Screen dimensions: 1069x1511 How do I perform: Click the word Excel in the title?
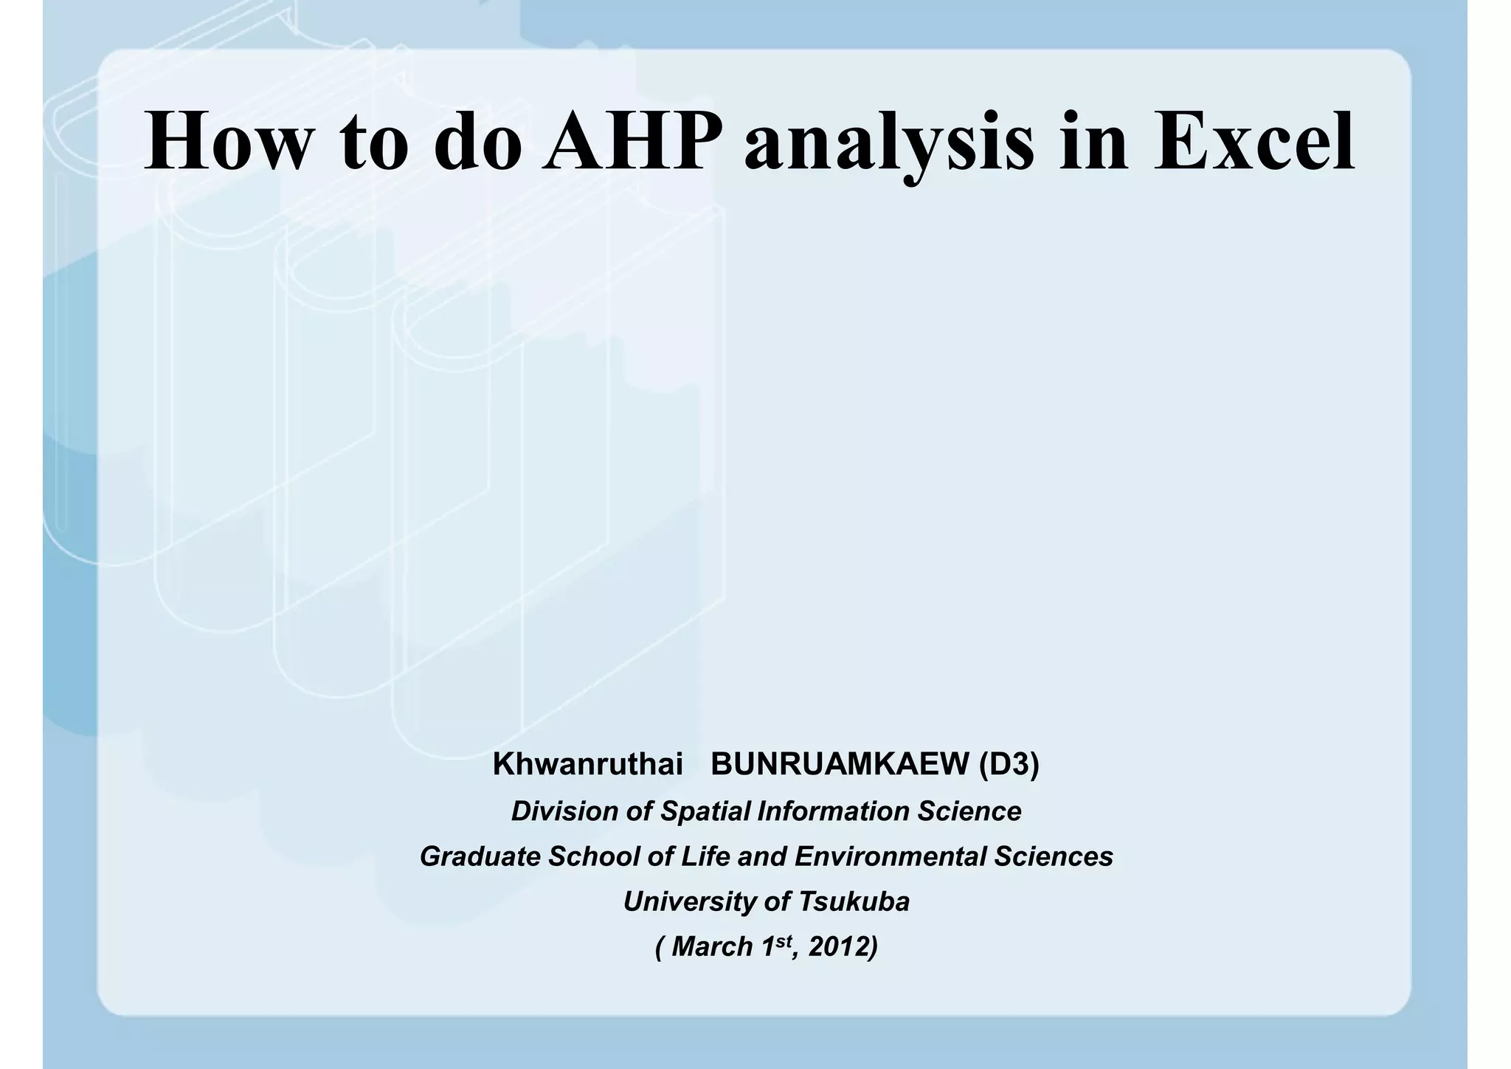coord(1254,142)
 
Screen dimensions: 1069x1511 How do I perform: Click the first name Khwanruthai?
coord(587,765)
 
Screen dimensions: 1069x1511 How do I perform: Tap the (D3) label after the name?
coord(1009,765)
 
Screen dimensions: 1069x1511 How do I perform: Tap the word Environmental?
coord(890,856)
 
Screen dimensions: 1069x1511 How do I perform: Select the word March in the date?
coord(712,946)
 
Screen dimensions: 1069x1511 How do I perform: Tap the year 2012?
coord(838,946)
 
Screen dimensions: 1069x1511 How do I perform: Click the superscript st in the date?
coord(783,940)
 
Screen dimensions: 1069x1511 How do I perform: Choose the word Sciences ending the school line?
coord(1053,856)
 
